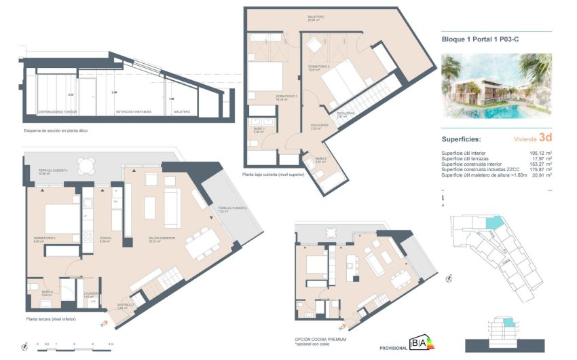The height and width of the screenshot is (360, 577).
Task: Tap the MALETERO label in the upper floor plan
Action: (316, 17)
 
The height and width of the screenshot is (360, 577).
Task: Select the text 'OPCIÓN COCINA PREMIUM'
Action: (320, 339)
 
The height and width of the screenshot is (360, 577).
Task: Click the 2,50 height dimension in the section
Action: (114, 93)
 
